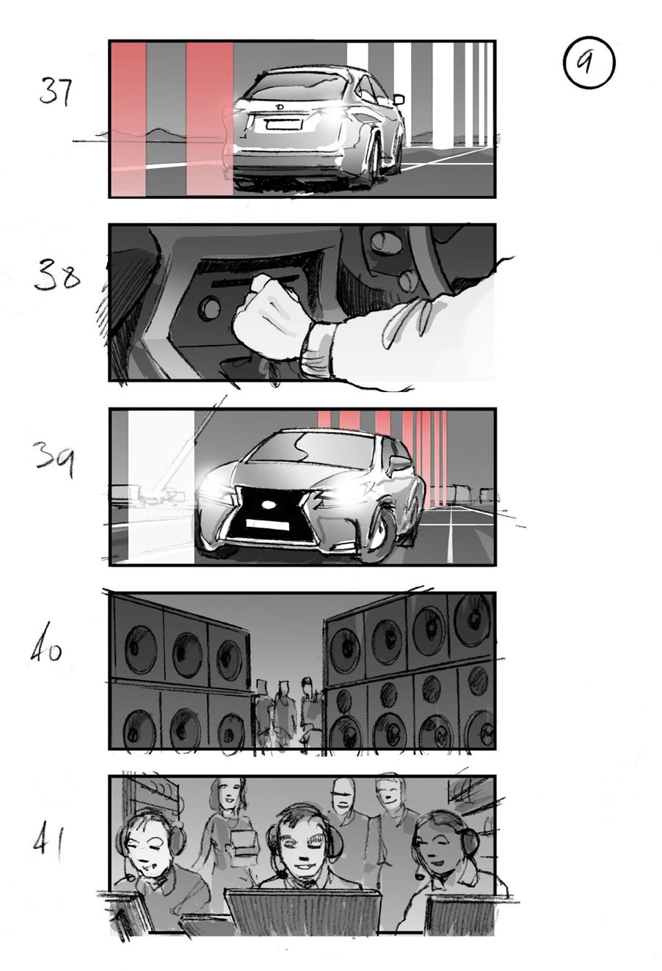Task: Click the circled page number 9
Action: (x=589, y=64)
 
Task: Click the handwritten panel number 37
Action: (x=57, y=92)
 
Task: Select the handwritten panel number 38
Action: (x=56, y=277)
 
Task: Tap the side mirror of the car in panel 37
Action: (x=399, y=98)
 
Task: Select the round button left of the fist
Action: (x=211, y=309)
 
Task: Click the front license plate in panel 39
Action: (x=267, y=524)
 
